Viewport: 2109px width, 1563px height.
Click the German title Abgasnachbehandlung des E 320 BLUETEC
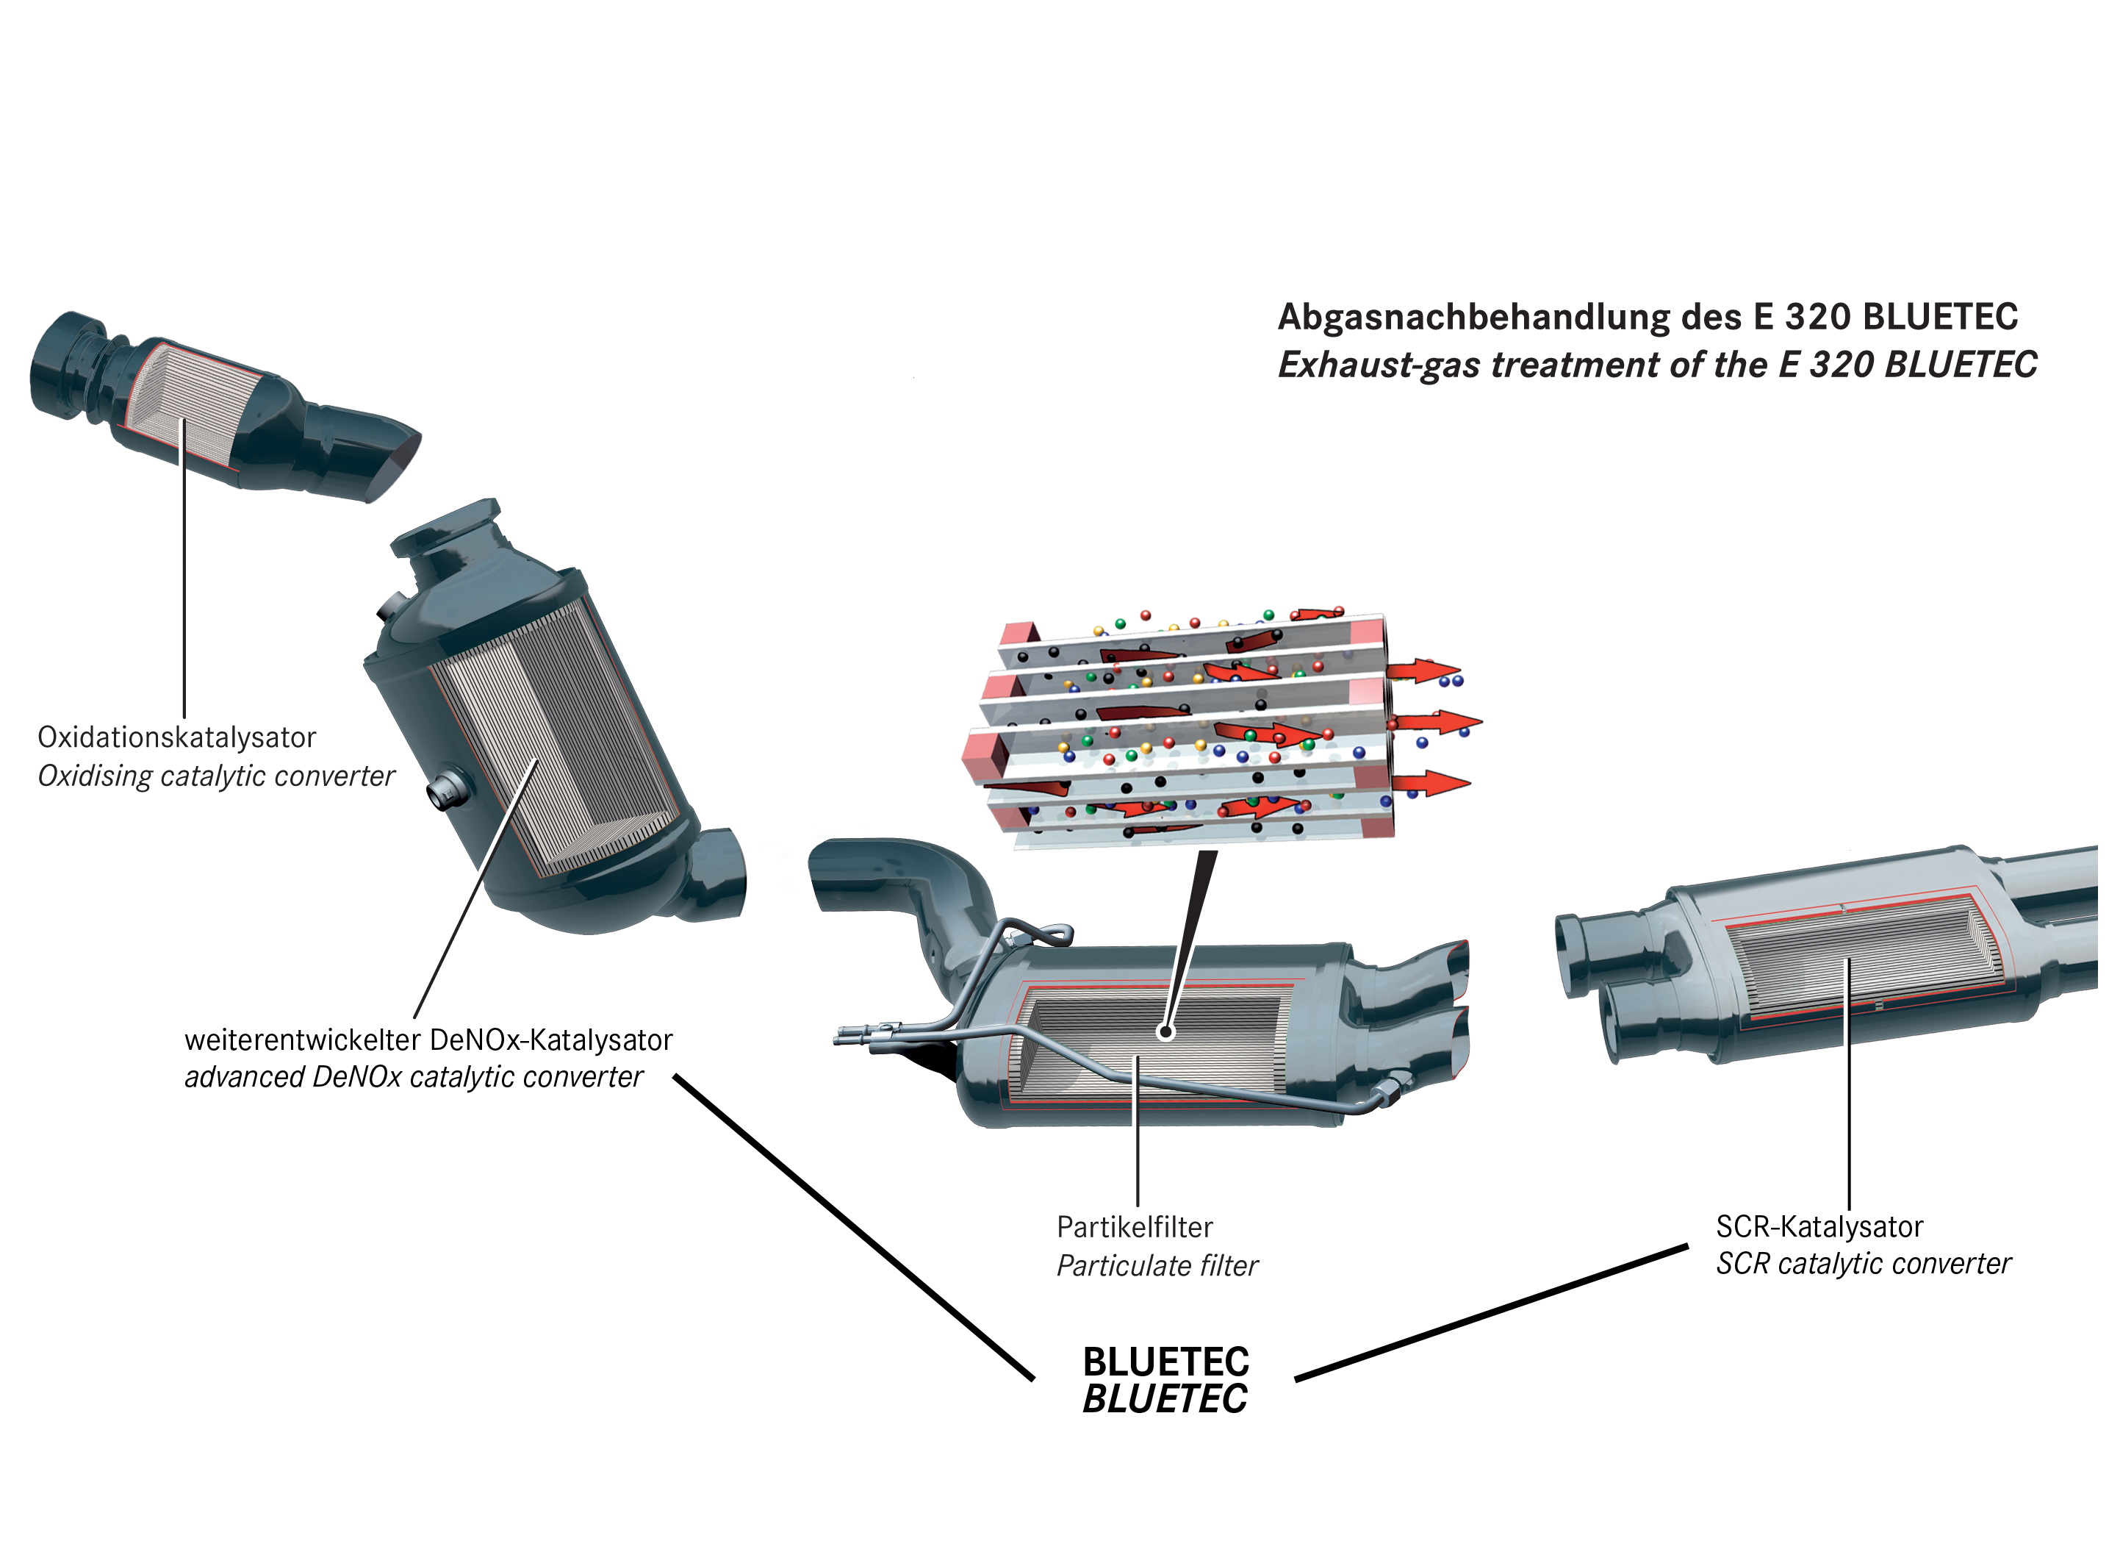[x=1648, y=317]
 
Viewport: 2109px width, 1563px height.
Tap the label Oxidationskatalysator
[x=177, y=737]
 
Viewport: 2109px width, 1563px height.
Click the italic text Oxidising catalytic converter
[x=215, y=776]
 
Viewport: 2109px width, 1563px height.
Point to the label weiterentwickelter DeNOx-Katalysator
[x=428, y=1040]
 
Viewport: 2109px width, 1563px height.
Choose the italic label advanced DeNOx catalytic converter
[x=413, y=1077]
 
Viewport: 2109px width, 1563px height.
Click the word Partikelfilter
[x=1135, y=1227]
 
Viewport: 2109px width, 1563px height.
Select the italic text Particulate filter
[x=1157, y=1265]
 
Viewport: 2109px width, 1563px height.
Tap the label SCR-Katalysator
[x=1819, y=1226]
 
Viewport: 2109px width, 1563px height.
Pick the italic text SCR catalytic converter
[x=1863, y=1263]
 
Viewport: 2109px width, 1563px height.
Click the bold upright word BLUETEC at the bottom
[x=1166, y=1362]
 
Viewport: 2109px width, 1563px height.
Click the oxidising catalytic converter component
[x=225, y=406]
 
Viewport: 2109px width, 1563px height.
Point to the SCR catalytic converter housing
[x=1825, y=956]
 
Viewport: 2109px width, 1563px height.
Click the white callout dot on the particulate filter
[x=1166, y=1031]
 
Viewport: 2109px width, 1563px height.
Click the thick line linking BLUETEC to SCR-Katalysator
[x=1492, y=1313]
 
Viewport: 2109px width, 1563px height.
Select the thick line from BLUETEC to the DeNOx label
[x=854, y=1227]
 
